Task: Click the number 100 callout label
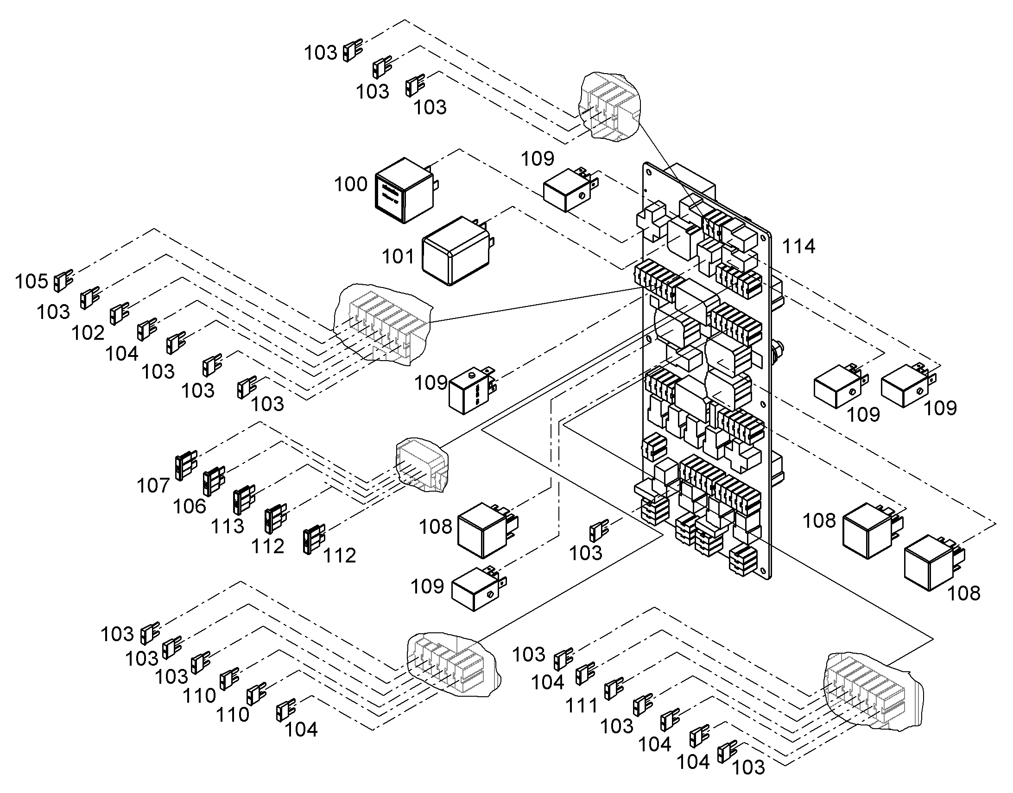tap(351, 184)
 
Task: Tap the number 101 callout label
tap(398, 256)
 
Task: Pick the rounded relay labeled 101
tap(458, 251)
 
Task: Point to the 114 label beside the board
tap(799, 247)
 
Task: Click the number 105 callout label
tap(32, 281)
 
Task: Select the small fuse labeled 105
tap(63, 281)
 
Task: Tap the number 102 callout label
tap(88, 333)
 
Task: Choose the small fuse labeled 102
tap(119, 313)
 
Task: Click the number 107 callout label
tap(153, 486)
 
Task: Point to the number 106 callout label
tap(190, 506)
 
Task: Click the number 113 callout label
tap(228, 526)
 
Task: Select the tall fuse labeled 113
tap(244, 500)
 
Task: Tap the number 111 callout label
tap(581, 706)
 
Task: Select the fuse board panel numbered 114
tap(706, 371)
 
